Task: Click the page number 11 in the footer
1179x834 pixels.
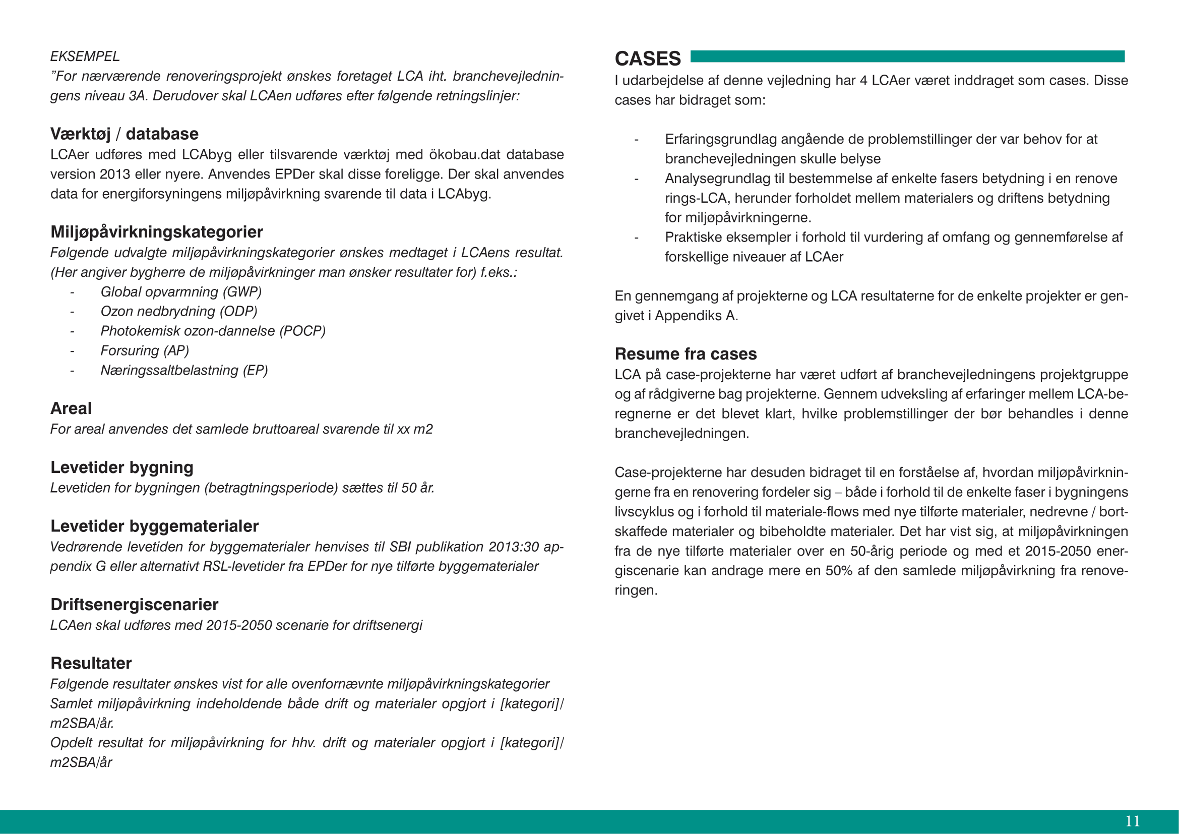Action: (x=1132, y=821)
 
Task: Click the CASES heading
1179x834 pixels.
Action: (x=648, y=58)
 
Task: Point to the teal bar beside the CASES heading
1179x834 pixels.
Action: (x=907, y=56)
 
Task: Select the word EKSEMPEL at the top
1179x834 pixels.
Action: (x=85, y=56)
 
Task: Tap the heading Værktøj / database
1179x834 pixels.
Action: (x=125, y=134)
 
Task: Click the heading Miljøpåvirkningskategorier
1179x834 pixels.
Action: (x=157, y=232)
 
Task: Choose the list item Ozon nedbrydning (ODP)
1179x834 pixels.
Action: (x=179, y=311)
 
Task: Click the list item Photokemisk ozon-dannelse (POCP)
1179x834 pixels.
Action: (x=213, y=331)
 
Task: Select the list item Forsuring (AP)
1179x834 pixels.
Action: (x=145, y=351)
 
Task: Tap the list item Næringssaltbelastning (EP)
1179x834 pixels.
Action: (x=184, y=370)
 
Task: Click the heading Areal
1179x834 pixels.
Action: (x=71, y=408)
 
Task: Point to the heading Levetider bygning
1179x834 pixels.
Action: (x=121, y=467)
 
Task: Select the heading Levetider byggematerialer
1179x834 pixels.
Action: (x=155, y=526)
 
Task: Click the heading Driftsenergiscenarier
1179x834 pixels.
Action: (x=135, y=605)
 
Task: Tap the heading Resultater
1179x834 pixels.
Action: (x=91, y=663)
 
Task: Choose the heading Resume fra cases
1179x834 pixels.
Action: (x=686, y=354)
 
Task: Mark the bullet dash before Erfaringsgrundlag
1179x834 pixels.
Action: (x=637, y=140)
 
